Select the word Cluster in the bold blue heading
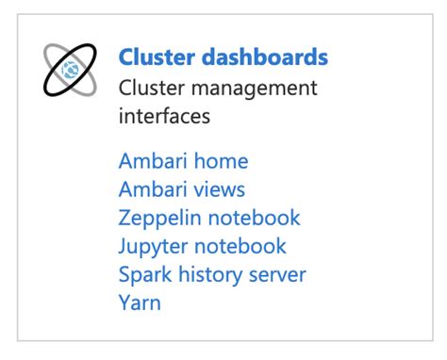click(x=157, y=57)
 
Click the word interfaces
click(x=165, y=116)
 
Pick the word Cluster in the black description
click(x=149, y=88)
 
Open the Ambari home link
click(x=183, y=161)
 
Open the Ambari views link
click(x=182, y=189)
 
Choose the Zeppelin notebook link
click(x=209, y=218)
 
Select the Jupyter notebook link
click(x=202, y=246)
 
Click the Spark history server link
click(x=212, y=274)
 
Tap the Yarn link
click(x=140, y=303)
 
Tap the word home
click(x=220, y=161)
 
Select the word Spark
click(x=142, y=274)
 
